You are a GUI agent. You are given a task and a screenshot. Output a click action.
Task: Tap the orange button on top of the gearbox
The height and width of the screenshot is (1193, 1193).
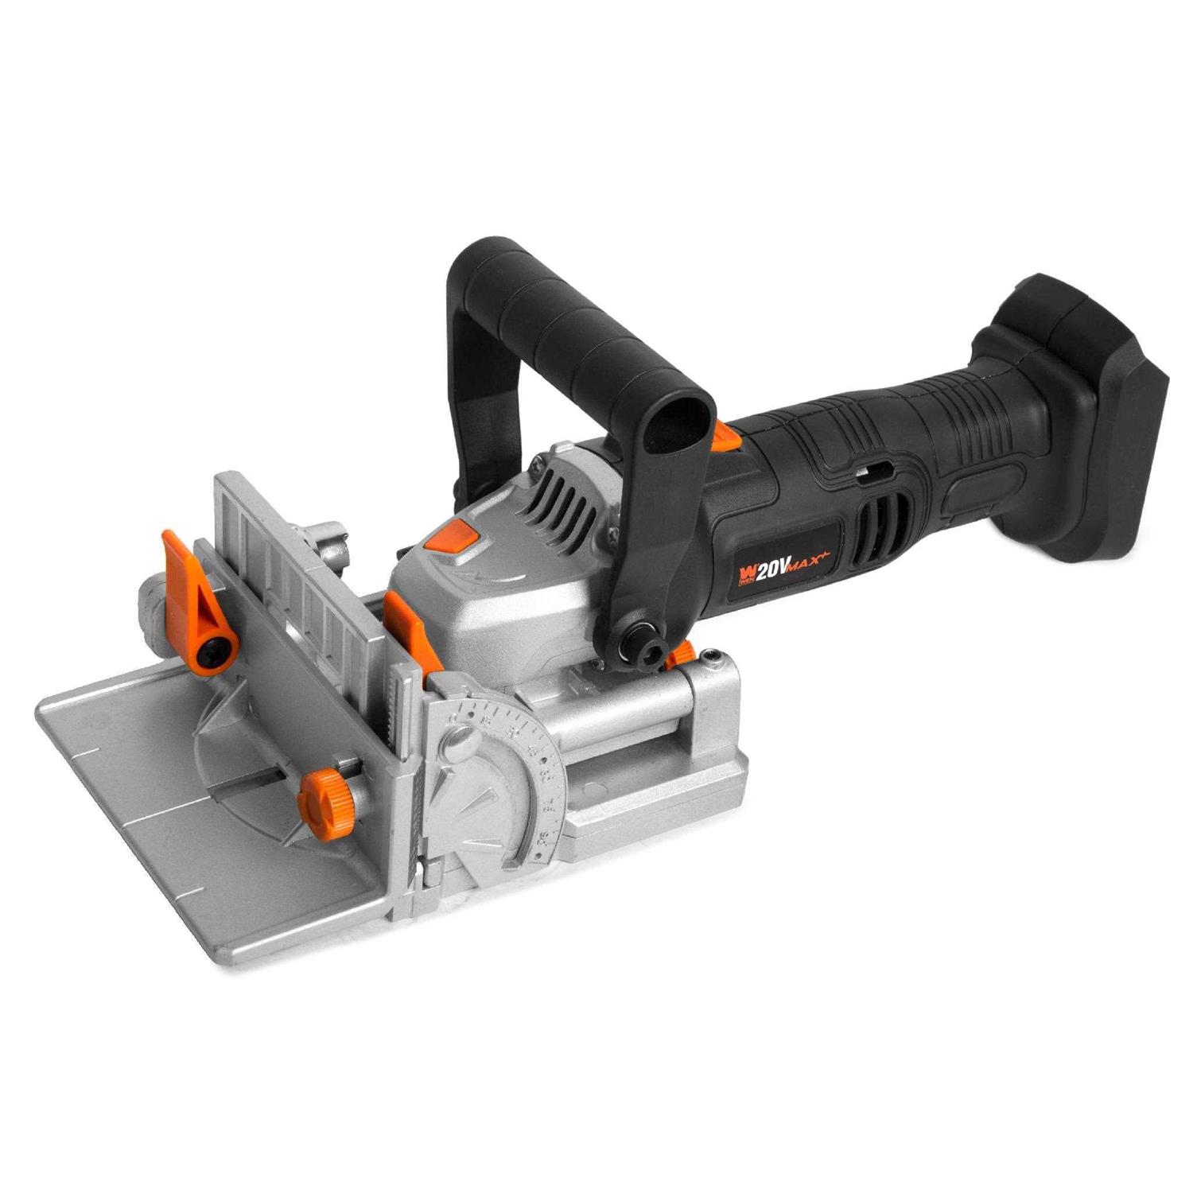tap(451, 538)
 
